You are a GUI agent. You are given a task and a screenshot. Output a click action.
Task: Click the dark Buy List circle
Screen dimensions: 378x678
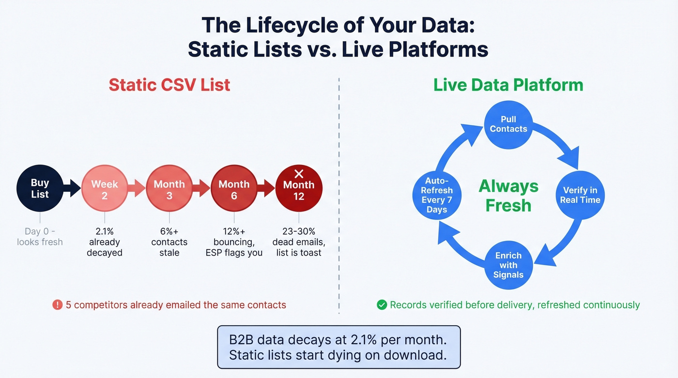click(x=40, y=189)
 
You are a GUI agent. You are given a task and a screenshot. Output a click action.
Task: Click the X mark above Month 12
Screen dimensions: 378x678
click(x=299, y=174)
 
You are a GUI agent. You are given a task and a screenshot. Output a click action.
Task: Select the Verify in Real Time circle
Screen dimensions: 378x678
click(x=580, y=195)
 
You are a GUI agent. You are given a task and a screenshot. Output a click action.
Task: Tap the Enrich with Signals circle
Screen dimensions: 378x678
click(x=508, y=265)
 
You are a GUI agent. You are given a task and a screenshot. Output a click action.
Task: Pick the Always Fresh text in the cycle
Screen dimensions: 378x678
click(x=508, y=196)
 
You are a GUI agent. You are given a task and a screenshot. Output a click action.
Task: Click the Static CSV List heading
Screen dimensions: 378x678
click(x=169, y=85)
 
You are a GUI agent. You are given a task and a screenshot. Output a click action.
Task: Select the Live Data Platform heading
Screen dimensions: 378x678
click(x=508, y=85)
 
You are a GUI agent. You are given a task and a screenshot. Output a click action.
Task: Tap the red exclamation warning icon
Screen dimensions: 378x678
click(x=57, y=305)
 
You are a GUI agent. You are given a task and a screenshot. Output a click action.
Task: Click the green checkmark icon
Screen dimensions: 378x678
click(x=382, y=305)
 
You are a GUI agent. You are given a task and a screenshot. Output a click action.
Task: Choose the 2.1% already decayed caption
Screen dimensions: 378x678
click(x=104, y=242)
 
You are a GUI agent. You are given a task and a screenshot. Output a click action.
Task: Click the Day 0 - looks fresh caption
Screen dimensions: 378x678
click(x=40, y=237)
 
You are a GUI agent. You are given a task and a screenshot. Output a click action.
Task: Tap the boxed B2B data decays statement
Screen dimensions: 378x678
click(x=339, y=348)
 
